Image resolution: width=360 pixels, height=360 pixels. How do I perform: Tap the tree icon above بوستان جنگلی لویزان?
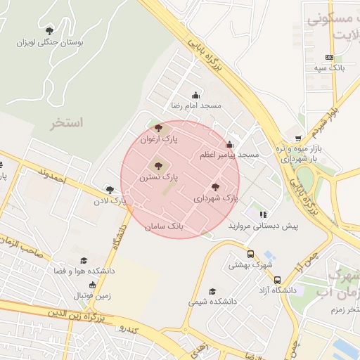tap(49, 30)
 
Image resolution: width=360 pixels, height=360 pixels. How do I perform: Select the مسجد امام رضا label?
tap(196, 105)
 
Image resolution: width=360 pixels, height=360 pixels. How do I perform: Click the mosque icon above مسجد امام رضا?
tap(195, 95)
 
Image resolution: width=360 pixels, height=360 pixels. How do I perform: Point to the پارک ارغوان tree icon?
tap(158, 128)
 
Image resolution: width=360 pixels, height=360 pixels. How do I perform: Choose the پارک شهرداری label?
tap(217, 199)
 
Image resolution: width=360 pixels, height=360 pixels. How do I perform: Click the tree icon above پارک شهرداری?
tap(215, 187)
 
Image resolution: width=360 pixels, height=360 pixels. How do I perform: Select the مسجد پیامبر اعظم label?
tap(238, 153)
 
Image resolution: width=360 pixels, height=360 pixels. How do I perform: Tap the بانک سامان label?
tap(165, 228)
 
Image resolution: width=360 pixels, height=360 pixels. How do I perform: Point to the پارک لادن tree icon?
tap(110, 189)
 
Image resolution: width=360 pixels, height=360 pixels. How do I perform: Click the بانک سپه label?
tap(329, 68)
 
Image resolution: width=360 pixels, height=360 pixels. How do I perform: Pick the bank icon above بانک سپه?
tap(329, 57)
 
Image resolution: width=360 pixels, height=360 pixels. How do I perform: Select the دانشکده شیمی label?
tap(213, 302)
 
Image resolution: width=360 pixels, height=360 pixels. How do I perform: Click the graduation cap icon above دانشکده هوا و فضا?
tap(84, 260)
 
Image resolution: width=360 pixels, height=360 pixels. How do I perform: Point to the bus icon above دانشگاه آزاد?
tap(278, 279)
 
